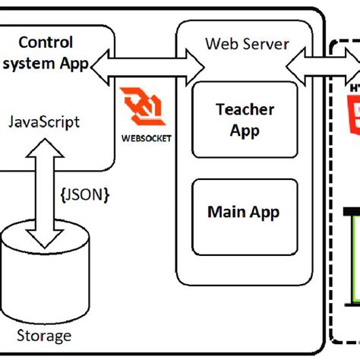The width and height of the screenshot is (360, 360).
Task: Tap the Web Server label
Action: tap(247, 43)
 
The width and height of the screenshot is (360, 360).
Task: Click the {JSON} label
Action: tap(84, 195)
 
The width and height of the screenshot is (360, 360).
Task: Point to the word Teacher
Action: tap(234, 110)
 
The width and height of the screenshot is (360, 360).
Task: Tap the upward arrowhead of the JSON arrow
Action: tap(43, 146)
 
